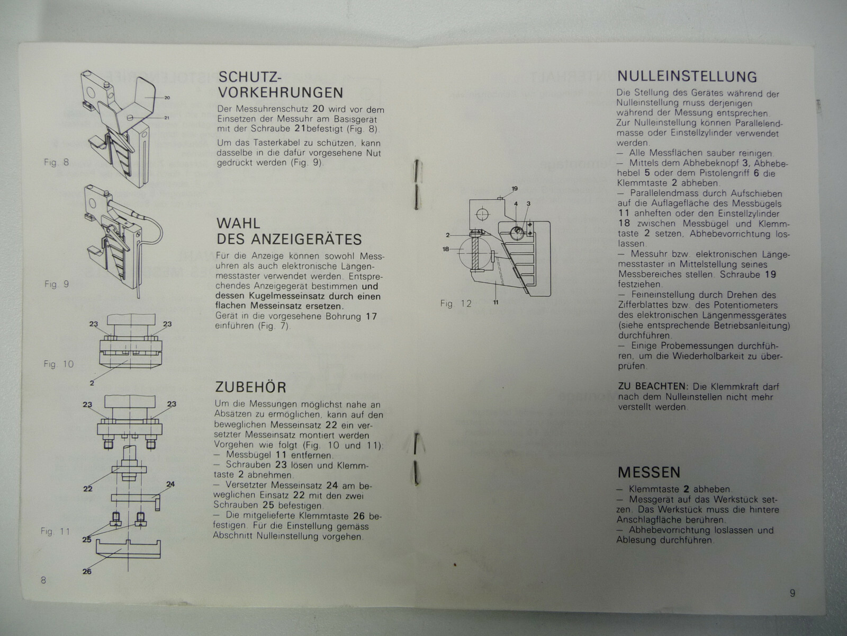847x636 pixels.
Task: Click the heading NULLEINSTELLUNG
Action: (x=687, y=76)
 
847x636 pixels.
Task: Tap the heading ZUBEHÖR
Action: (x=250, y=387)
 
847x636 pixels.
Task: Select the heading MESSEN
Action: (x=649, y=472)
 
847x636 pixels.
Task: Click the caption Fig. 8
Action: (x=56, y=162)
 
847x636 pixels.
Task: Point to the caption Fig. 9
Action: (x=57, y=284)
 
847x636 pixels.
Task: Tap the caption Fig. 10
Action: (x=58, y=364)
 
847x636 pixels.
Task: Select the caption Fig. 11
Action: (x=56, y=532)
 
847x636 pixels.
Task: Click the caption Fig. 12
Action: (x=456, y=304)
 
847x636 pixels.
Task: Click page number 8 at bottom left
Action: (x=43, y=580)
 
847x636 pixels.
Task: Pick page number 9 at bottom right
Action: (x=792, y=593)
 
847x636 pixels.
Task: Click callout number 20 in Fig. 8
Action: (x=167, y=98)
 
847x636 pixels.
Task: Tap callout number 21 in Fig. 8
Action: (x=167, y=118)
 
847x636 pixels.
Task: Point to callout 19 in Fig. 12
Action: (x=515, y=189)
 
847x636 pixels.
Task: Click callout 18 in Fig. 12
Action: (x=446, y=249)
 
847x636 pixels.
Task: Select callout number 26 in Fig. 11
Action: (x=87, y=571)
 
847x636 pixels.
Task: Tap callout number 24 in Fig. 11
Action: (x=170, y=484)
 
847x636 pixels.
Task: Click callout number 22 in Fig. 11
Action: (x=87, y=489)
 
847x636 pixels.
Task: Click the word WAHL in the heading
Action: (x=238, y=223)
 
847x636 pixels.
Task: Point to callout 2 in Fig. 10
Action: (x=92, y=383)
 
